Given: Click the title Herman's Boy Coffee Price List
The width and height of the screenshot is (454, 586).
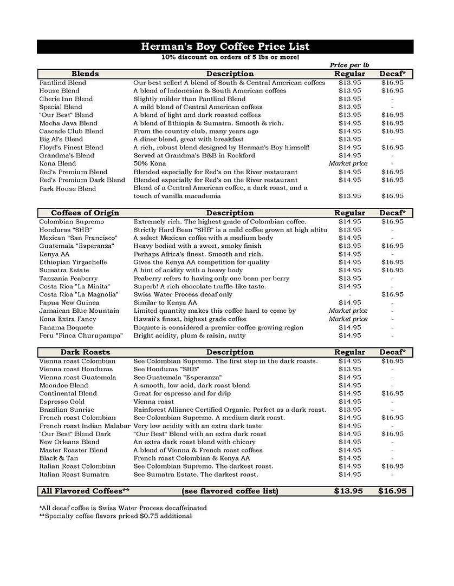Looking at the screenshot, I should [225, 47].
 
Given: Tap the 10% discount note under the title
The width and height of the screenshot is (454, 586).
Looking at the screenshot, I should [230, 57].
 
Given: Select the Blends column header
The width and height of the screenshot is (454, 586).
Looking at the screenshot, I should [85, 74].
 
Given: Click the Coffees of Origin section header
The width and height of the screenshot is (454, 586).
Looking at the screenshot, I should [85, 213].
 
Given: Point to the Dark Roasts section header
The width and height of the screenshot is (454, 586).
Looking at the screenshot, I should [85, 352].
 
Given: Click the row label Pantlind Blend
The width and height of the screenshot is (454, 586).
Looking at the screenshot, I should [62, 83].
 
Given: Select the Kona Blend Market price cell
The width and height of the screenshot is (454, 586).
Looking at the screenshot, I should [348, 163].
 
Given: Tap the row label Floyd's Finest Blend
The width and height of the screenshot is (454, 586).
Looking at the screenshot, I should [71, 147].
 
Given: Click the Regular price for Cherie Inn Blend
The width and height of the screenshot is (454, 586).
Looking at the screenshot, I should [349, 99].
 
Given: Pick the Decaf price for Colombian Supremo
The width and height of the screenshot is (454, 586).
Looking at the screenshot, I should [392, 221].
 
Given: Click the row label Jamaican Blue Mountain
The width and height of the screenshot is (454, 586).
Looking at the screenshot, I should [79, 311].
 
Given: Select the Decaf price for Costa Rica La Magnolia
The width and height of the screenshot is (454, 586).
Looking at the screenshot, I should [392, 294].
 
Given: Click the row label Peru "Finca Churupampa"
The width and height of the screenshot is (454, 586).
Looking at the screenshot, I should [81, 335].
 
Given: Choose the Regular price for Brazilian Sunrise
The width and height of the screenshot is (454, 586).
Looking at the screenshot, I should [349, 410].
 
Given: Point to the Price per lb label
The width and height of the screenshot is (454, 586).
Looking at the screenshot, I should [349, 65].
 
